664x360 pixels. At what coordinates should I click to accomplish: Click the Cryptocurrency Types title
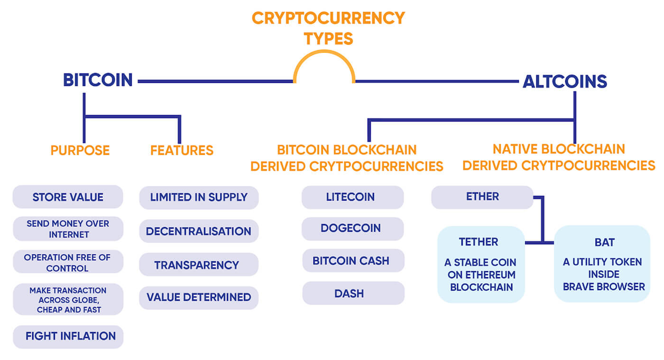328,28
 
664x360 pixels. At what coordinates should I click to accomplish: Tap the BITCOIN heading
98,80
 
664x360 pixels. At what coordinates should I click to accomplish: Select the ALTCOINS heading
564,82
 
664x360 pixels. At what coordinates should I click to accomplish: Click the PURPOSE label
80,150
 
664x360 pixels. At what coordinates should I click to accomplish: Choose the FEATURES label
182,150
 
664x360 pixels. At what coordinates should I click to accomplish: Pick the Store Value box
68,197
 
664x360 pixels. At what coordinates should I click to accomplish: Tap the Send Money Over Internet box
68,229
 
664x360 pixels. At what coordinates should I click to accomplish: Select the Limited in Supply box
199,197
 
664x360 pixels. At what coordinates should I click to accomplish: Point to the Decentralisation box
199,231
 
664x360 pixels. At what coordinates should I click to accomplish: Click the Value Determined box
199,297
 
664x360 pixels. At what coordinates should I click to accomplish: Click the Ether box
482,197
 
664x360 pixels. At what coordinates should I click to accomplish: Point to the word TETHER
479,242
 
